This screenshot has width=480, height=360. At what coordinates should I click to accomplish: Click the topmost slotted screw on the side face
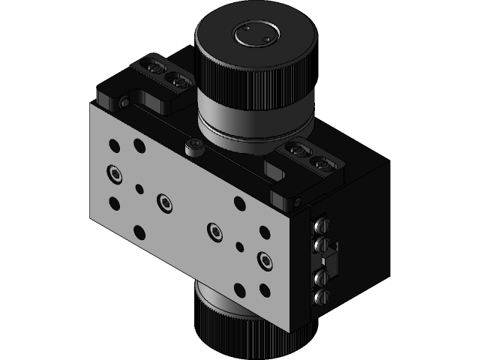pyautogui.click(x=322, y=224)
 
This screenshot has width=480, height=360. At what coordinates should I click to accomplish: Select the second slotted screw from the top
pyautogui.click(x=322, y=244)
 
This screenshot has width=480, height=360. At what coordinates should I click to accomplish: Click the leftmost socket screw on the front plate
pyautogui.click(x=114, y=174)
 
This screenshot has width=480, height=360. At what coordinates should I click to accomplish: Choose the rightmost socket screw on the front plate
pyautogui.click(x=265, y=259)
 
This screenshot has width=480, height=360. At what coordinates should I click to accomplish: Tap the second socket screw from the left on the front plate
pyautogui.click(x=164, y=202)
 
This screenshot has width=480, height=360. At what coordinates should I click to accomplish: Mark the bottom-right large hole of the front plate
pyautogui.click(x=264, y=290)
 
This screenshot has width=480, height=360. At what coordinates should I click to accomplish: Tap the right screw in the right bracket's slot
pyautogui.click(x=322, y=162)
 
